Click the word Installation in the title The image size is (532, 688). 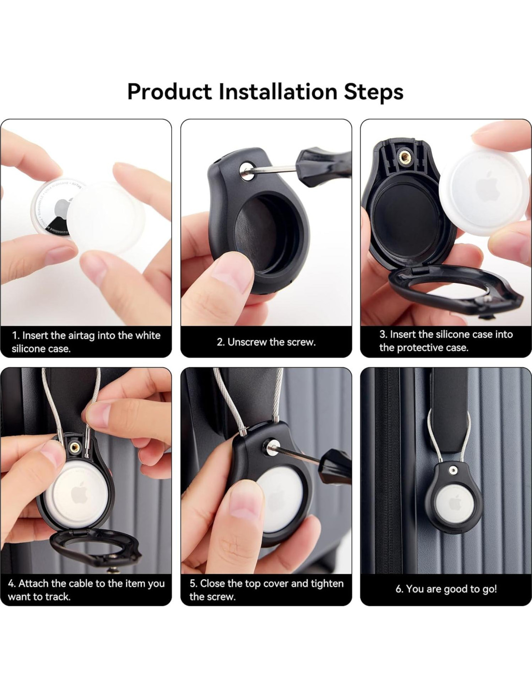(278, 91)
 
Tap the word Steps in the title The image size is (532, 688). (373, 92)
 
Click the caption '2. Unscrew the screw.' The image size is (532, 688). (266, 342)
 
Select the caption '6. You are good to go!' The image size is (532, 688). (446, 589)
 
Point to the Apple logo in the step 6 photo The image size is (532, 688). (455, 504)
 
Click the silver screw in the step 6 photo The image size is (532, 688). (453, 471)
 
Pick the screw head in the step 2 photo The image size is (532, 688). (247, 171)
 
